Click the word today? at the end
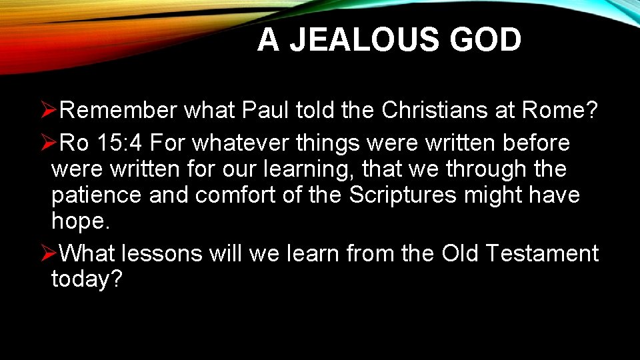87,280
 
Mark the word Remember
118,111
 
